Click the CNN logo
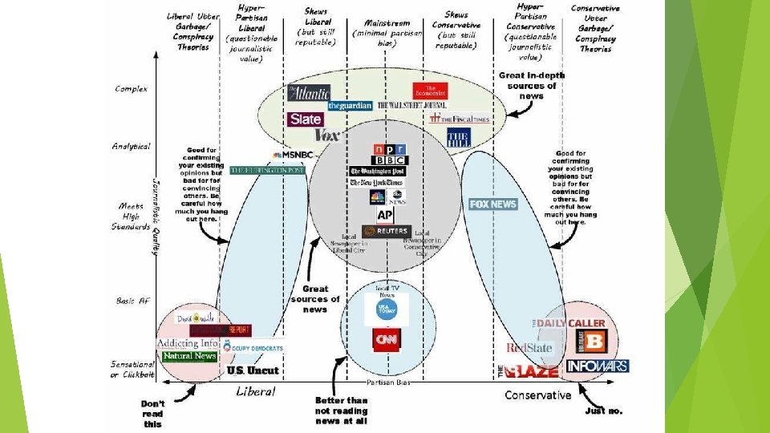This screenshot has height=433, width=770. point(387,340)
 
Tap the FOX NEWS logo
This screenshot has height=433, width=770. point(492,204)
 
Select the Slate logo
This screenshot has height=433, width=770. point(305,119)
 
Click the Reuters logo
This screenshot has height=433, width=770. point(386,231)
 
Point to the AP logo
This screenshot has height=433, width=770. point(386,215)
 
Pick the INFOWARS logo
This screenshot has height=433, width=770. point(597,366)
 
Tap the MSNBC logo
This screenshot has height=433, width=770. point(293,155)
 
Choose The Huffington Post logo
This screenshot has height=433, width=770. point(268,170)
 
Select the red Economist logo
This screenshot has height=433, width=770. point(429,91)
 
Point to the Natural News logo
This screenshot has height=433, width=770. point(189,355)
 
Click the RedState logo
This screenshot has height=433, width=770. point(530,347)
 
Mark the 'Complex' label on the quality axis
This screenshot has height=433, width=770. point(132,88)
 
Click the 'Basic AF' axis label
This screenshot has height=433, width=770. point(132,301)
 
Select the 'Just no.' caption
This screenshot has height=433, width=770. point(604,411)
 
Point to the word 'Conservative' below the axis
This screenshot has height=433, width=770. point(537,395)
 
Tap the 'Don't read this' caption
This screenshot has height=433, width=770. point(153,414)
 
